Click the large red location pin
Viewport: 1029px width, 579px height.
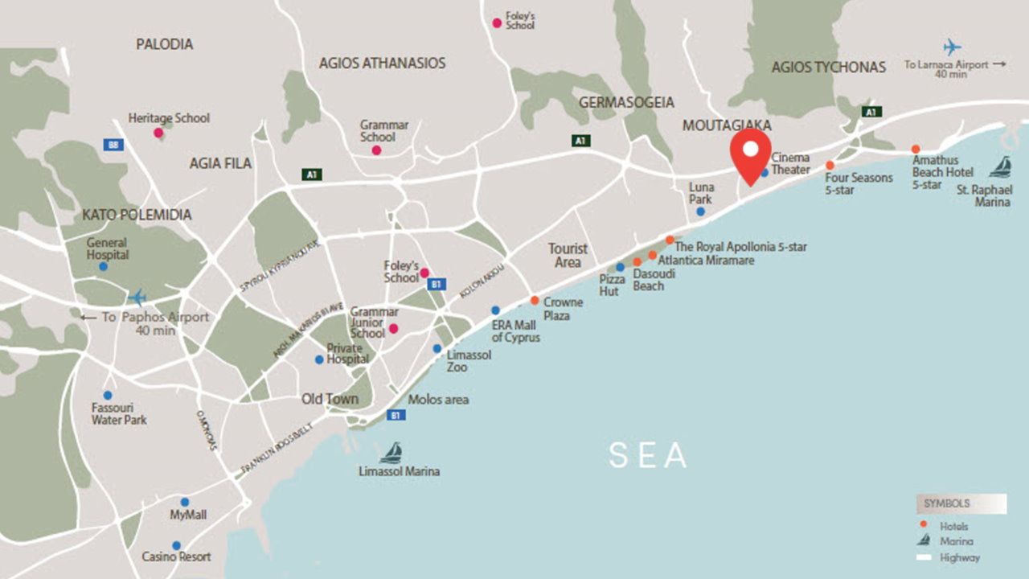click(750, 154)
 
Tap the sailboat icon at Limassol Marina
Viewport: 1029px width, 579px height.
click(391, 454)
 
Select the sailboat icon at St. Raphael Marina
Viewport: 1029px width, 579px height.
click(1000, 167)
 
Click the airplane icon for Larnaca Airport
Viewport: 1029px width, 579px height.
click(952, 47)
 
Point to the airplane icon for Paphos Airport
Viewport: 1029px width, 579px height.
click(137, 298)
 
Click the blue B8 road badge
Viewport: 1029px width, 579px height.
click(113, 145)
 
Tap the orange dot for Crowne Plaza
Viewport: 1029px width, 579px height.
click(535, 301)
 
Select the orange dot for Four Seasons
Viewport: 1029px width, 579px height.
click(830, 165)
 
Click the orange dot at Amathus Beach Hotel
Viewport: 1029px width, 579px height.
click(916, 149)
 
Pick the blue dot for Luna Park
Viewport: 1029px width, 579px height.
click(700, 211)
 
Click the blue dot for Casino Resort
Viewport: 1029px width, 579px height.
click(176, 544)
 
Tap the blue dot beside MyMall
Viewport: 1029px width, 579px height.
click(184, 502)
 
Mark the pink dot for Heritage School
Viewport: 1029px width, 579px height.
click(158, 133)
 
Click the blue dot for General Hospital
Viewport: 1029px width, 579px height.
click(103, 266)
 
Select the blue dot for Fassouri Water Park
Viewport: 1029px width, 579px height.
click(107, 395)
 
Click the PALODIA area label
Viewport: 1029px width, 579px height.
click(164, 44)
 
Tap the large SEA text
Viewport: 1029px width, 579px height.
click(648, 456)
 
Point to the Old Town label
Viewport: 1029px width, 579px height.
click(330, 399)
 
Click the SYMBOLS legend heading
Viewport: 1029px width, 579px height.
click(946, 503)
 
